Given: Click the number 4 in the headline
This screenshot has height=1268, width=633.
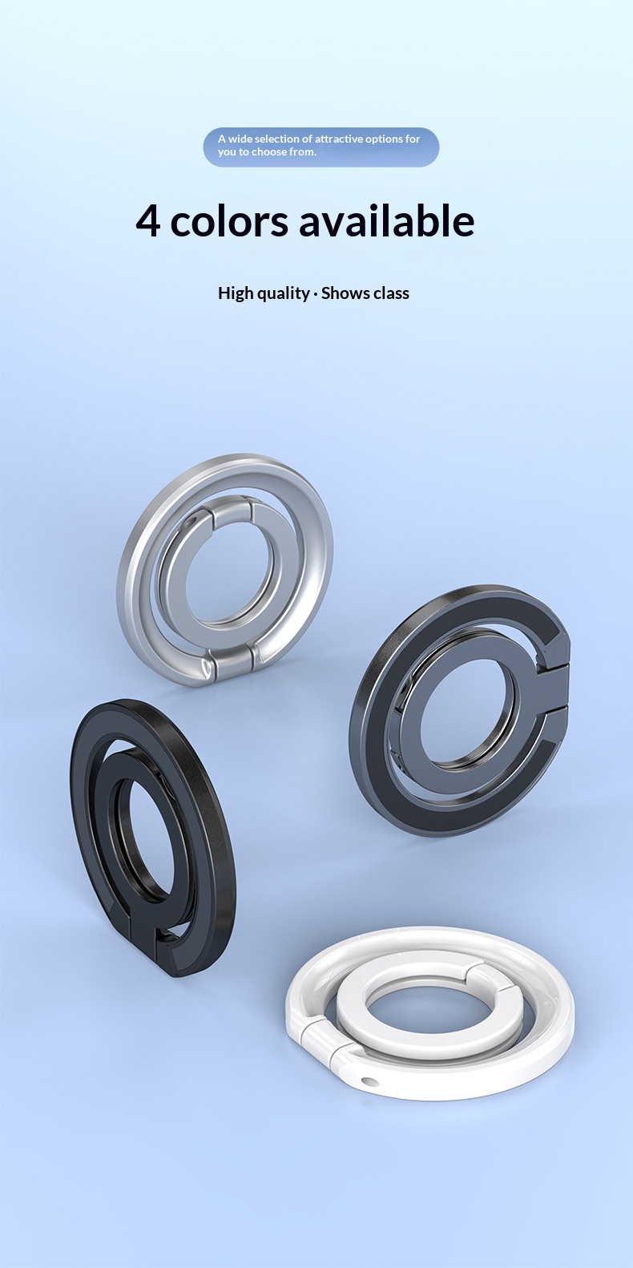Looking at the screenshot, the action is (148, 221).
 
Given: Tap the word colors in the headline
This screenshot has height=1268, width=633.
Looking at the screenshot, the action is (229, 221).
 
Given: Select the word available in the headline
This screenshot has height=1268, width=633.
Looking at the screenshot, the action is (386, 220).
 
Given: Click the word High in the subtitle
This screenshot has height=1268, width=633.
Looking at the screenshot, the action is (235, 293).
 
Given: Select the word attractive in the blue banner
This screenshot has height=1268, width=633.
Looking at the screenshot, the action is (338, 139).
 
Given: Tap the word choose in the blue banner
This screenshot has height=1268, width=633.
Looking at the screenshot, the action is (269, 151).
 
